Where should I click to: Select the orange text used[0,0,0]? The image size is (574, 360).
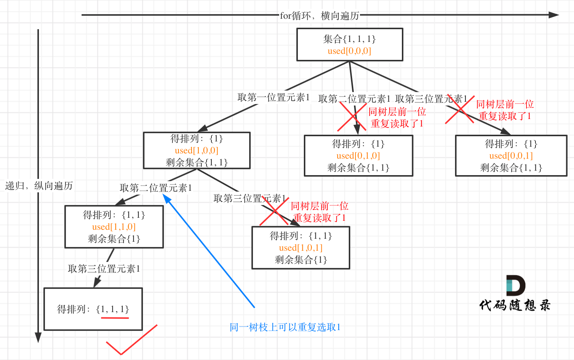[x=349, y=51]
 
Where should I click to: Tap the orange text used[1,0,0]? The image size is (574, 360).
[x=196, y=150]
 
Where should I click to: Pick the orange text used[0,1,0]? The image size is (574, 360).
[x=358, y=156]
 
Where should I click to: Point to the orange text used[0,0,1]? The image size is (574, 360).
[x=511, y=156]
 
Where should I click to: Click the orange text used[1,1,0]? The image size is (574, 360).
[x=114, y=227]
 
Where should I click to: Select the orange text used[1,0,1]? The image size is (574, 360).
[x=300, y=248]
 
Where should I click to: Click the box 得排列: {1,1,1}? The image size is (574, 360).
[x=93, y=309]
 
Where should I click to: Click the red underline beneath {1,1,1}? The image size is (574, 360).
[x=115, y=318]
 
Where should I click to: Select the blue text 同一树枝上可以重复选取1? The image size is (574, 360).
[x=285, y=327]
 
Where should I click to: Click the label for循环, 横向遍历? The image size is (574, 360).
[x=320, y=16]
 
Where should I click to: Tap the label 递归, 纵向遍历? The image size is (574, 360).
[x=39, y=186]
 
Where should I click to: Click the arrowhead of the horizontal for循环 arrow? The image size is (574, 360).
[x=554, y=15]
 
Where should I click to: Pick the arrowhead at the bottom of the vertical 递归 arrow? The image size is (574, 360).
[x=38, y=337]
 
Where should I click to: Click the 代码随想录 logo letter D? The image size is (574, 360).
[x=516, y=286]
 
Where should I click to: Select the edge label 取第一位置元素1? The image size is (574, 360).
[x=274, y=98]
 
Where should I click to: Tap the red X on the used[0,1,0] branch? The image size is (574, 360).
[x=352, y=116]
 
